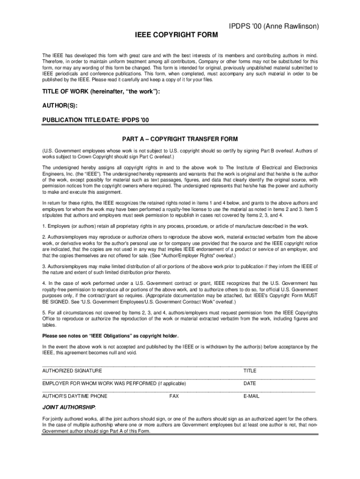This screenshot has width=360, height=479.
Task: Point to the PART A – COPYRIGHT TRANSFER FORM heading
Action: coord(180,139)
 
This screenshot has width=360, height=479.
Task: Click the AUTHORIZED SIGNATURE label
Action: coord(72,370)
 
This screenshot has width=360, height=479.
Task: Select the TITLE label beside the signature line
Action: coord(250,370)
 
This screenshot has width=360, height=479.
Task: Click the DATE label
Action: coord(250,383)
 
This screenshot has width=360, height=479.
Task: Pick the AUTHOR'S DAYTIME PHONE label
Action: coord(75,396)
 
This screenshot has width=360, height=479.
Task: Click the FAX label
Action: coord(174,396)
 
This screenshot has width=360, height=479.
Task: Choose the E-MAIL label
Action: coord(252,396)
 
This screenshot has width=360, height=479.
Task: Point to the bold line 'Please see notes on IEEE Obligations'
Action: coord(110,336)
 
